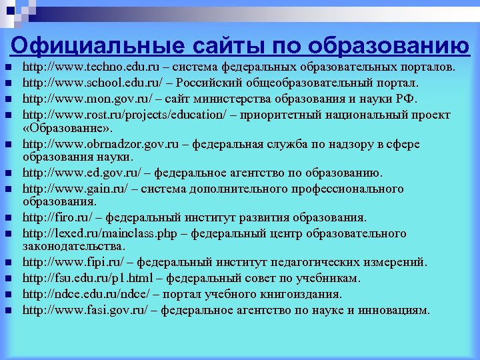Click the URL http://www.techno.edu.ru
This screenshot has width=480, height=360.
pyautogui.click(x=81, y=68)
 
